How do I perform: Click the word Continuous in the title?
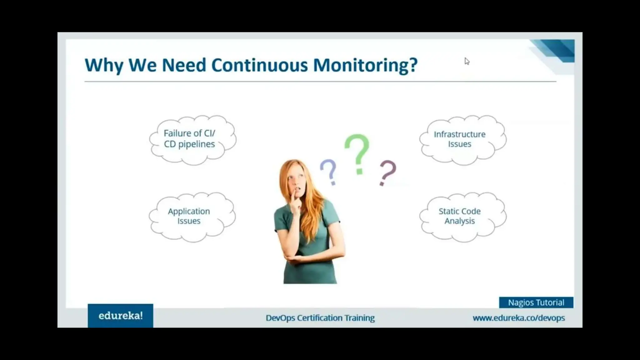click(x=259, y=65)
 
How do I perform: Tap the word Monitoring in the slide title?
click(x=365, y=65)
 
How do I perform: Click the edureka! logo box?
click(x=120, y=316)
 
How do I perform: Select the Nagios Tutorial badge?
click(x=536, y=302)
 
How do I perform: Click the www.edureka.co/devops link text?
click(x=518, y=318)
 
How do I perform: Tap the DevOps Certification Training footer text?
click(x=320, y=318)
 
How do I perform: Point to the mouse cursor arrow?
click(x=467, y=61)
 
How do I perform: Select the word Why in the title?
click(x=104, y=65)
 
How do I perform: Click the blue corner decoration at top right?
click(x=559, y=50)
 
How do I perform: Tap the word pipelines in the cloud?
click(x=196, y=144)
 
